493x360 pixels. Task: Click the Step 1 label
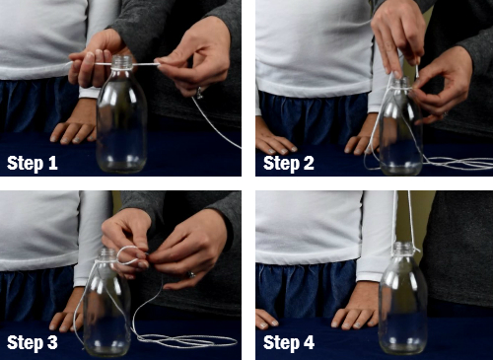coord(33,163)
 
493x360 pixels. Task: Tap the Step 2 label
coord(289,163)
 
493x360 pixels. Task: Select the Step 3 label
coord(33,342)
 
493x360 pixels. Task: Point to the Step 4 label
coord(289,342)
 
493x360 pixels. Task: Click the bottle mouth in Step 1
coord(122,58)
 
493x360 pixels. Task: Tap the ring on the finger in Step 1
coord(199,94)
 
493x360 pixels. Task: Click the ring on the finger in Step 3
coord(191,274)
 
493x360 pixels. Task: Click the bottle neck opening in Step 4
coord(403,245)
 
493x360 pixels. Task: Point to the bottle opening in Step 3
coord(108,251)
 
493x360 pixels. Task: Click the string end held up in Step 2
coord(417,71)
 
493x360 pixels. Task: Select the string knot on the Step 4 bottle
coord(414,251)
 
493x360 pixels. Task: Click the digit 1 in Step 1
coord(53,163)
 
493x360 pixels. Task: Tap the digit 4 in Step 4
coord(309,342)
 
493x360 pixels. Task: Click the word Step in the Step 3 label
coord(25,343)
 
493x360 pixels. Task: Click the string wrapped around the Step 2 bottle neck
coord(401,89)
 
